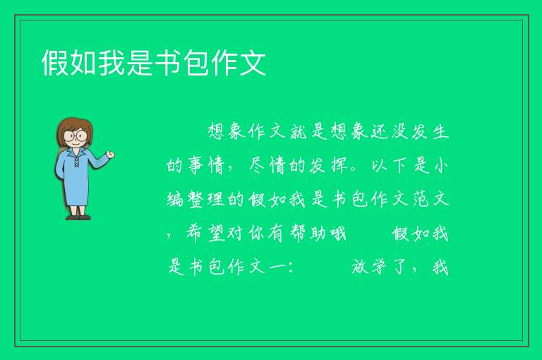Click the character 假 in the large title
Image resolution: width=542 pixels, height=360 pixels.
[x=55, y=63]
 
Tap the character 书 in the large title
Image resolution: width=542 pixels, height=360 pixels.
[x=167, y=63]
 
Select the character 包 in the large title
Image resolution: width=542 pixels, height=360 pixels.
[x=195, y=63]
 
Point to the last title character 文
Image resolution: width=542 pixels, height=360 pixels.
[x=253, y=63]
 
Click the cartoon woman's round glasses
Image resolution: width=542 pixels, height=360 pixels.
[x=76, y=136]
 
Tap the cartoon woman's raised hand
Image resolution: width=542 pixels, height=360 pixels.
[x=110, y=155]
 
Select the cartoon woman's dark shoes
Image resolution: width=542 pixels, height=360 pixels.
[x=78, y=217]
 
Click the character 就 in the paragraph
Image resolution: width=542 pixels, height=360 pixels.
[x=299, y=132]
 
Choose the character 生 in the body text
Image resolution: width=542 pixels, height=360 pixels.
[x=440, y=132]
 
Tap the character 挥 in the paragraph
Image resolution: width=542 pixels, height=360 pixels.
[x=339, y=165]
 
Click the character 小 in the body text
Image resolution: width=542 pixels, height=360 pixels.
[x=440, y=165]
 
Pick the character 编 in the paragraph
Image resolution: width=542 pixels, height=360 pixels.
[x=175, y=199]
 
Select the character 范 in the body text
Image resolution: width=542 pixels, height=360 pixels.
[x=421, y=199]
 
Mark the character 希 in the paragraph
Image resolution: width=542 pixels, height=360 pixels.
[x=195, y=233]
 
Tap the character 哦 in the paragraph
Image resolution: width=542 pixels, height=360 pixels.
[x=338, y=233]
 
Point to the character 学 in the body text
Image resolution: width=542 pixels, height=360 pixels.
[x=379, y=267]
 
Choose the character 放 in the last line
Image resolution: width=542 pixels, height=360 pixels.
[x=359, y=267]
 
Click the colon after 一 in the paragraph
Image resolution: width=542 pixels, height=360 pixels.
[x=289, y=268]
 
